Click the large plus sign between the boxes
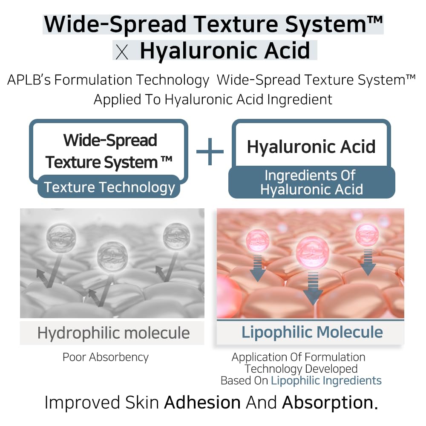(210, 151)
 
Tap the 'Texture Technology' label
(109, 187)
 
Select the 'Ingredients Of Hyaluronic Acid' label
(311, 182)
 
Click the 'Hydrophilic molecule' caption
(113, 333)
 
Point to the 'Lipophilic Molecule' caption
(312, 332)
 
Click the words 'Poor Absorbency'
(106, 357)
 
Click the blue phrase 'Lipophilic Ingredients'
(326, 380)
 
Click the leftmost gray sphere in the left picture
(61, 236)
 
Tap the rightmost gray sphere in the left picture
(176, 236)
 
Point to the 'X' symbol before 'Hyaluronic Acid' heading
(122, 52)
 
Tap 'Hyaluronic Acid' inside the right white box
(311, 147)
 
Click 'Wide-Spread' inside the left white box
(110, 140)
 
